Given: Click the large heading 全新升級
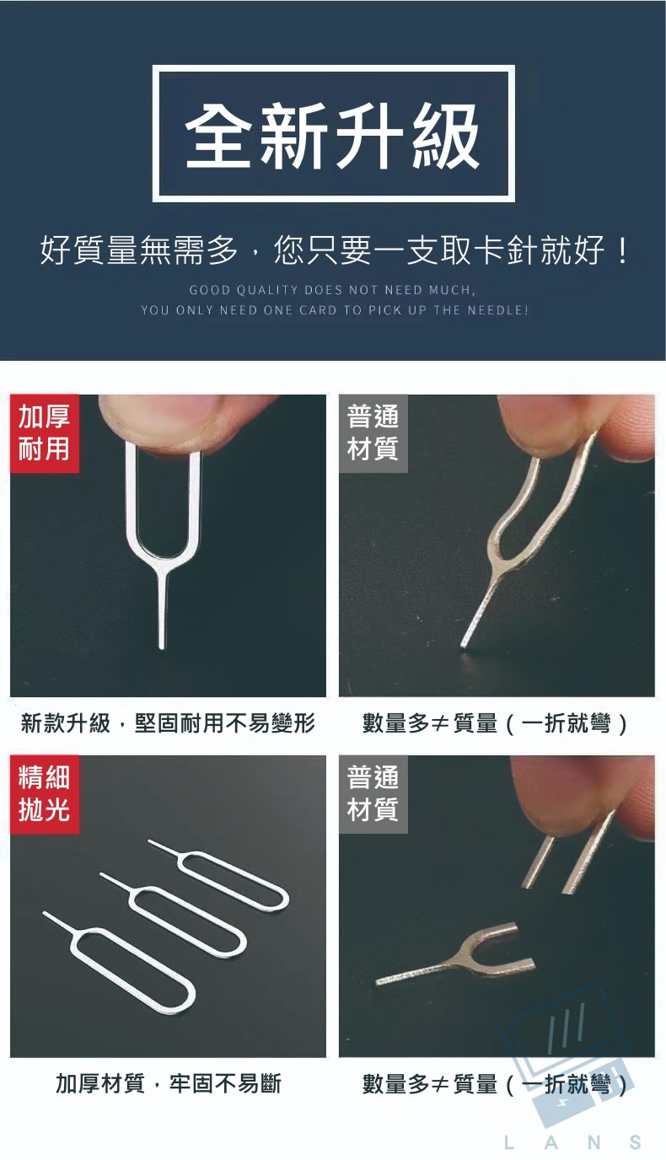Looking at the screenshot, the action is pos(332,136).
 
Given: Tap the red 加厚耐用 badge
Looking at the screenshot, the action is pos(45,433).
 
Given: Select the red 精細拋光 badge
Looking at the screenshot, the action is pos(45,794).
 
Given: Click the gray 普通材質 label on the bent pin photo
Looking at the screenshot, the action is pos(373,433).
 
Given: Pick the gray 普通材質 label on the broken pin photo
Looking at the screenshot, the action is pos(373,794).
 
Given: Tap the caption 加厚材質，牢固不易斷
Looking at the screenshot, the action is pos(169,1083).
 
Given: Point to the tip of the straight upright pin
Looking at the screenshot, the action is pos(162,647).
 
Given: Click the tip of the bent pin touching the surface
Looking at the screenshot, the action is pos(464,645).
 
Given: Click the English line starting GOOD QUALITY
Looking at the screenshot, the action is pos(332,290).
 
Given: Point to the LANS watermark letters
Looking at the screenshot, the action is pos(572,1142).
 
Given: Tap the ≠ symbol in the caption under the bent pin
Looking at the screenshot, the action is pos(439,723).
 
